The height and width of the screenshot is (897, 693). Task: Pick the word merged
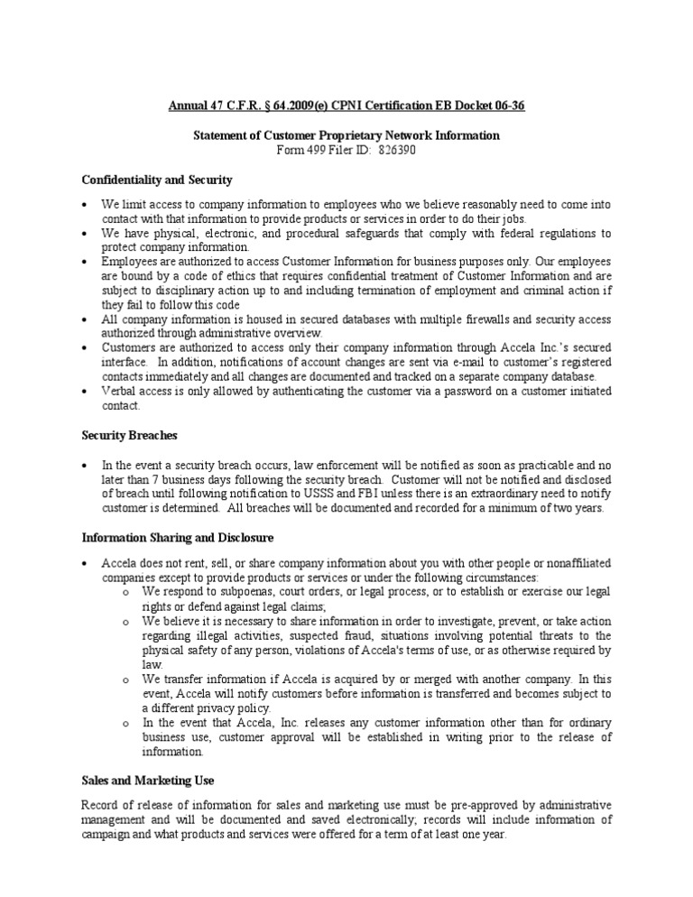coord(411,680)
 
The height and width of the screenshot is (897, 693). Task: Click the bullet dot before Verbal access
coord(84,392)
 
